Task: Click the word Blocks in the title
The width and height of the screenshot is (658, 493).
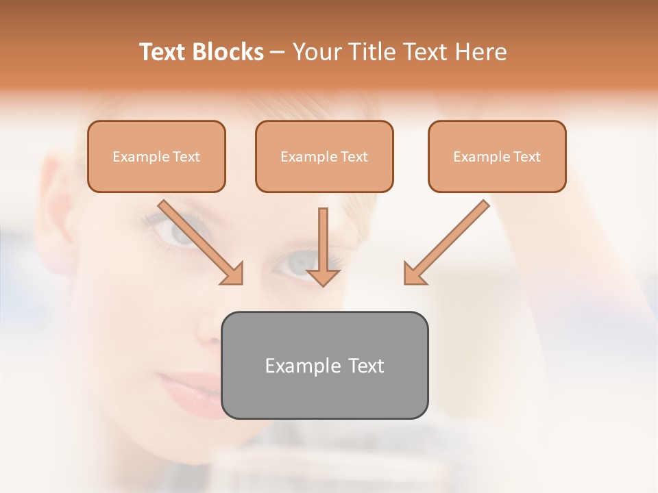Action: coord(229,52)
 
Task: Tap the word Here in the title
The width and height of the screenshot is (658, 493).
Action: coord(480,52)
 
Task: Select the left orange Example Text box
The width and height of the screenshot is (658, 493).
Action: coord(156,156)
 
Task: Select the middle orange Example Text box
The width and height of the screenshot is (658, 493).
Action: coord(324,156)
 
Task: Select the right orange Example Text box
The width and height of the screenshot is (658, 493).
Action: coord(497,156)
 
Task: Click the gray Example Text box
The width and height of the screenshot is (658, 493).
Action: coord(325,365)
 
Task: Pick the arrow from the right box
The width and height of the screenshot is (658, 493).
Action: coord(449,240)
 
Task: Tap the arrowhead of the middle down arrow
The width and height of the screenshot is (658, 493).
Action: coord(323,277)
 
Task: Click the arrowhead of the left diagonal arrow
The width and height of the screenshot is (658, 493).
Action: coord(233,274)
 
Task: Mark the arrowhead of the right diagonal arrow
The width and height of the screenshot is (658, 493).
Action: coord(414,274)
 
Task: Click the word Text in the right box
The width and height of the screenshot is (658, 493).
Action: coord(526,157)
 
